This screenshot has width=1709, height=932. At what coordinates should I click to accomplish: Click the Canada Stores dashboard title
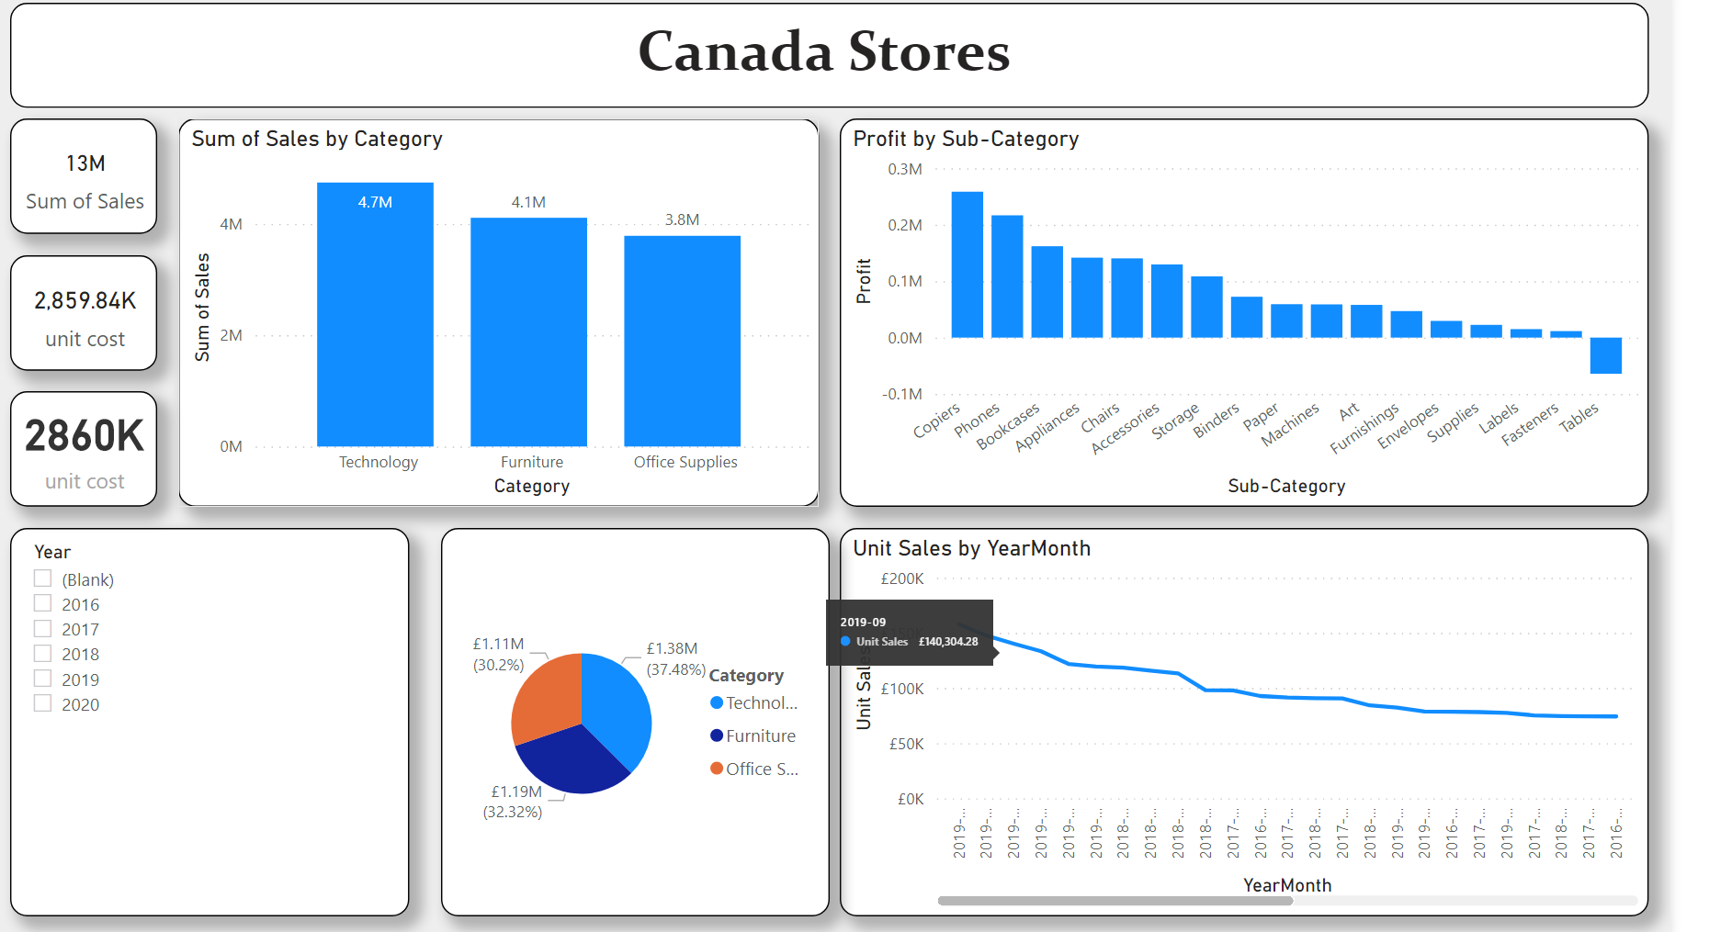824,51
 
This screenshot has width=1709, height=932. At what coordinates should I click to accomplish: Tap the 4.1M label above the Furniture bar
528,202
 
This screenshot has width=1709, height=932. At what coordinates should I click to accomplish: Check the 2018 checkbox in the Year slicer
42,654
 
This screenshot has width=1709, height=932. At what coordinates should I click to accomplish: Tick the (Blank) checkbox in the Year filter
42,578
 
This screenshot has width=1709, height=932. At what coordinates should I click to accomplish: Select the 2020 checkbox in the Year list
42,703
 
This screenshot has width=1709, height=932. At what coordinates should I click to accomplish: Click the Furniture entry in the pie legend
760,735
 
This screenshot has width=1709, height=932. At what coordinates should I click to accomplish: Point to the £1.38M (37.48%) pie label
675,659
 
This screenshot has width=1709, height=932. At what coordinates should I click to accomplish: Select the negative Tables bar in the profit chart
1605,356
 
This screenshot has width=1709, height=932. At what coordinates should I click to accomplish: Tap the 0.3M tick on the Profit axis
904,169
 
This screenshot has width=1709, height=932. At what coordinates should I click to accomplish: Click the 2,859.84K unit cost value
85,301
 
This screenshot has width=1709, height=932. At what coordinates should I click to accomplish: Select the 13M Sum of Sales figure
85,163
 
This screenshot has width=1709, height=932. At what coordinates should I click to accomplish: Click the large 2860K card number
85,436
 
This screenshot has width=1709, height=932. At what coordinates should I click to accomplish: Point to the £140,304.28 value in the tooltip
947,642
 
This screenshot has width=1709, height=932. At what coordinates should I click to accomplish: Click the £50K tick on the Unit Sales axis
906,744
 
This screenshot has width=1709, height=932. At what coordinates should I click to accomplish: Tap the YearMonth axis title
1286,885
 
